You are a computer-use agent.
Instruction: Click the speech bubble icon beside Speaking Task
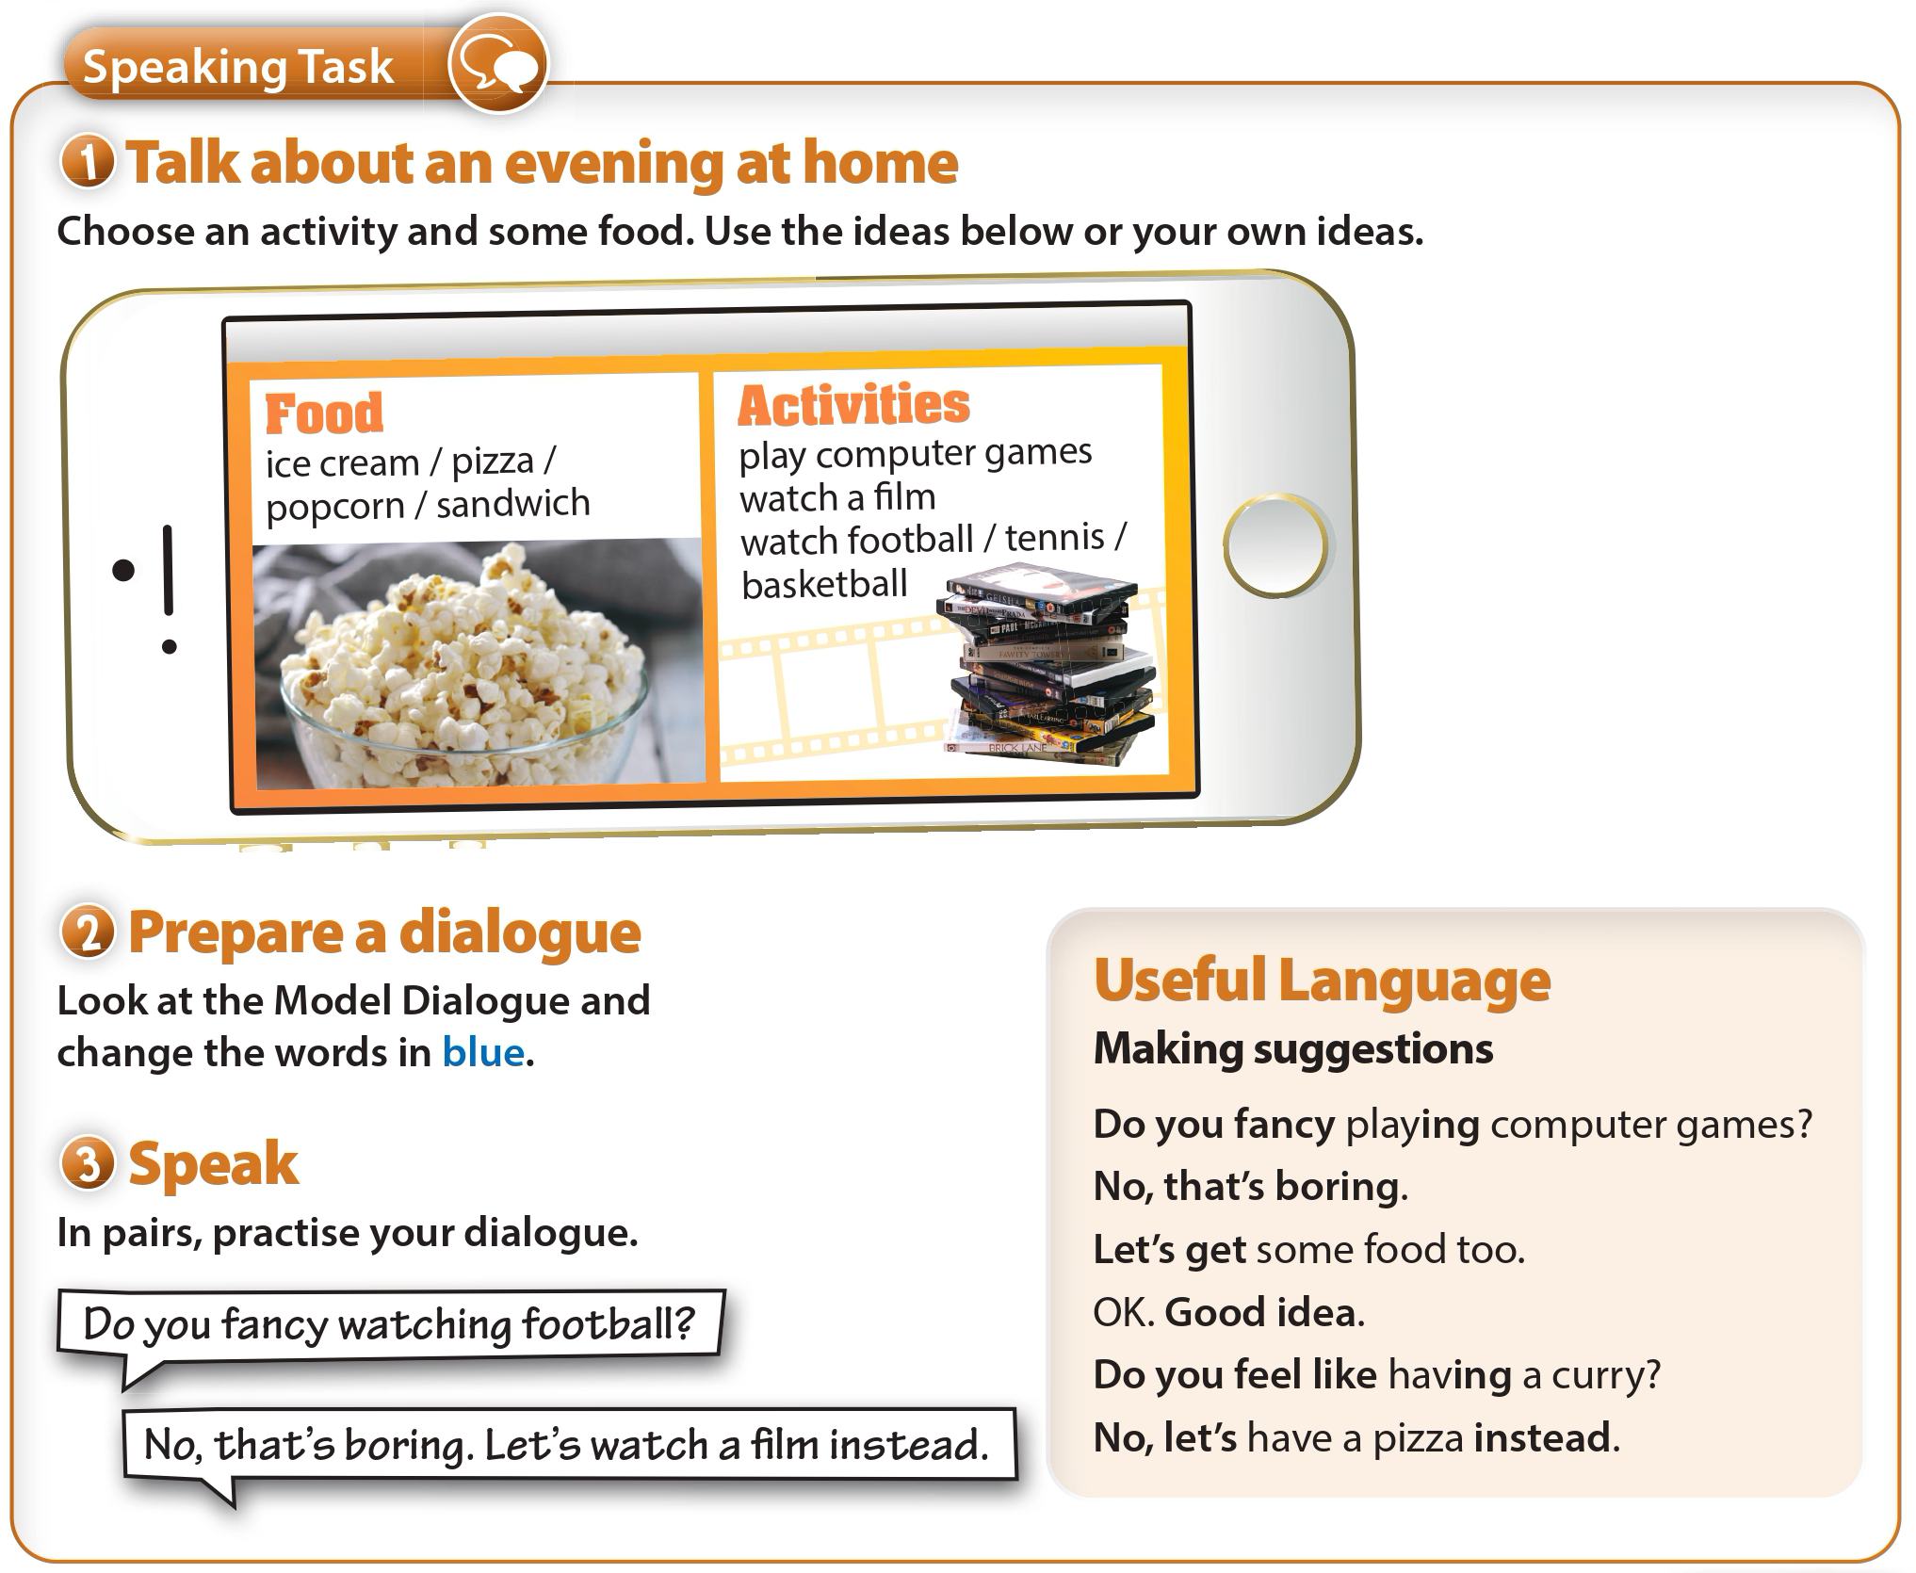(497, 65)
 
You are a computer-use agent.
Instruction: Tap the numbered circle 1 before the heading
(88, 162)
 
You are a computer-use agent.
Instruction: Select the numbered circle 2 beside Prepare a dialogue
(88, 932)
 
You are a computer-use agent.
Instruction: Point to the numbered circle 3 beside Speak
(88, 1163)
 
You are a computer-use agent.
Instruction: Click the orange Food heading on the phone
(324, 414)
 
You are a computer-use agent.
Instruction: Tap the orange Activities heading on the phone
(853, 405)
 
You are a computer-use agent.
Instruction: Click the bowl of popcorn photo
(479, 663)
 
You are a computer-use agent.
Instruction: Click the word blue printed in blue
(483, 1052)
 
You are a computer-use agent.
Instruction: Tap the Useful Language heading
(1322, 981)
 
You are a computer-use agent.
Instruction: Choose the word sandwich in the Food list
(513, 504)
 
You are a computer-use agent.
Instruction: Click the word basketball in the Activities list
(824, 584)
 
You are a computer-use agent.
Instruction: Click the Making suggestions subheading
(1293, 1049)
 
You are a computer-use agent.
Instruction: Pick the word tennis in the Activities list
(1054, 538)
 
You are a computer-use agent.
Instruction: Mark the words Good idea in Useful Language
(1260, 1312)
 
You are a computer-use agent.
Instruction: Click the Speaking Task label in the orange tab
(238, 67)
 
